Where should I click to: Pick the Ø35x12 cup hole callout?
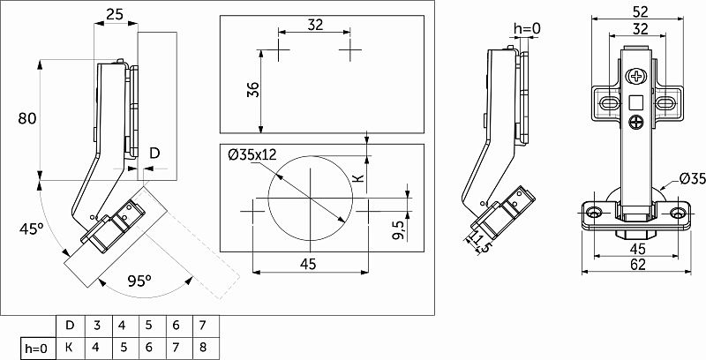[x=252, y=154]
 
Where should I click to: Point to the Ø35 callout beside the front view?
[x=691, y=179]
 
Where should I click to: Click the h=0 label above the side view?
[x=527, y=29]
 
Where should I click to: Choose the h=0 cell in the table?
[x=36, y=348]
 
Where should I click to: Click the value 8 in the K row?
[x=203, y=348]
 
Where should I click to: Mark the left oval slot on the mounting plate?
[x=608, y=104]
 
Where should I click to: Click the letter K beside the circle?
[x=357, y=177]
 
